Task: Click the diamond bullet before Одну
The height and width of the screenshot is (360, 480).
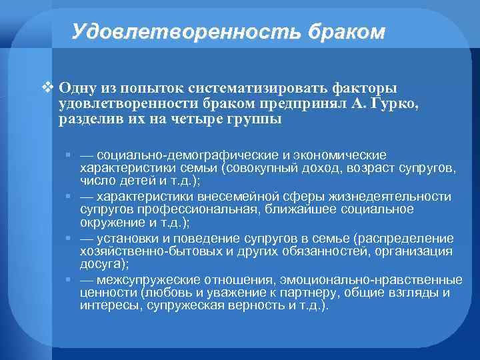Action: [46, 87]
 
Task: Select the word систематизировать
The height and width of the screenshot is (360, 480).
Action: [257, 88]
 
